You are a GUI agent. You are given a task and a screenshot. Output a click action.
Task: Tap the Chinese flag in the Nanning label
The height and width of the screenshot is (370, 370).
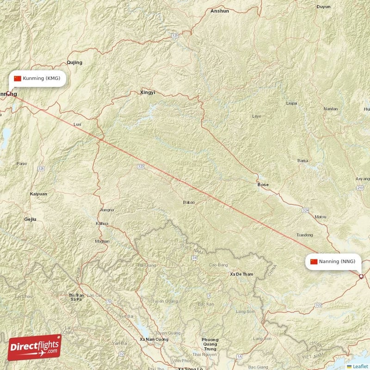(x=314, y=262)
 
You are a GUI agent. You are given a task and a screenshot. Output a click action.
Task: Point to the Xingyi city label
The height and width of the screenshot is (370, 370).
(x=148, y=92)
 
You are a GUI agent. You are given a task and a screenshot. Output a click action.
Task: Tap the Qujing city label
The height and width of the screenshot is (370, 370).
(x=74, y=62)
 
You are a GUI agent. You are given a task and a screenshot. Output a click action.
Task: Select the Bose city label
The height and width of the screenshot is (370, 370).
(x=263, y=185)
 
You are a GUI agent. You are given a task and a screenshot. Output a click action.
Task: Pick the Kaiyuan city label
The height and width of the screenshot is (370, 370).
(x=38, y=194)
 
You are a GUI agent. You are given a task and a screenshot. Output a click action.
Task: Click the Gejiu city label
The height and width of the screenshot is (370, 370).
(x=30, y=219)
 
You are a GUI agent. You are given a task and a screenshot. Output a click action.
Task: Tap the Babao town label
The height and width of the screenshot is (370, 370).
(x=189, y=202)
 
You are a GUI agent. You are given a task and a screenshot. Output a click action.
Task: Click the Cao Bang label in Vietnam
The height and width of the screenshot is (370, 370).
(x=219, y=265)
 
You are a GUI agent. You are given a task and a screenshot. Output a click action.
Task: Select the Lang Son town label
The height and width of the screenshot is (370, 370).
(x=246, y=311)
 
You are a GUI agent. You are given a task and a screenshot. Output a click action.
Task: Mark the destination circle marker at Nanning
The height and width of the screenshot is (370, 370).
(x=361, y=277)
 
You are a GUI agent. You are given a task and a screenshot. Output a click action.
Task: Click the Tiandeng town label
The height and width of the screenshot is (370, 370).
(x=304, y=235)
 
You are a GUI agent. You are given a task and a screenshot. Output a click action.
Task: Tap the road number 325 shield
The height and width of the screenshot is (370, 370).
(x=141, y=166)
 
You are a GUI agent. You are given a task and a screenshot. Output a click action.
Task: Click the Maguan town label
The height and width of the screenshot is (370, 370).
(x=102, y=241)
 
